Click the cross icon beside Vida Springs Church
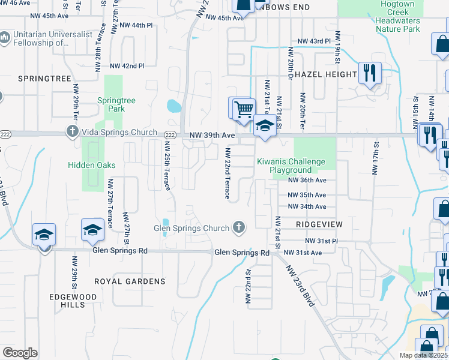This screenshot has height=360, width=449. tap(72, 131)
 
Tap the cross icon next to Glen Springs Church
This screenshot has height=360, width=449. tap(239, 227)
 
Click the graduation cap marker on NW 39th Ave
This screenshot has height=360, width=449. tap(264, 125)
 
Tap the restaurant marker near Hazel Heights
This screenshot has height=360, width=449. tap(370, 74)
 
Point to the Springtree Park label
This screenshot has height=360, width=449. tap(112, 105)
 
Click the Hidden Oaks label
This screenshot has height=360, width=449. tap(92, 165)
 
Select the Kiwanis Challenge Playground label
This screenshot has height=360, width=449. tap(291, 166)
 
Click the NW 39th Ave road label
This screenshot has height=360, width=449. tap(212, 136)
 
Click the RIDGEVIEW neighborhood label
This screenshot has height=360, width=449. tap(319, 224)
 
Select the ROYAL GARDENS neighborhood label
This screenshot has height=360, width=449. tap(130, 281)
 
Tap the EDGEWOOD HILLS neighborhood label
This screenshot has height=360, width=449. tap(67, 301)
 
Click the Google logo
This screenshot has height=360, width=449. tap(20, 352)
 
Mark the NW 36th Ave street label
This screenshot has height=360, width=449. tap(307, 180)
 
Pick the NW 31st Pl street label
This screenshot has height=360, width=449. tap(322, 241)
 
